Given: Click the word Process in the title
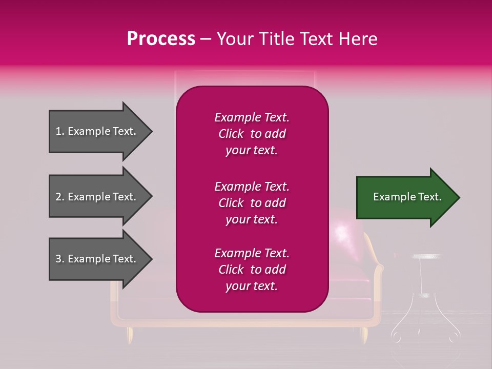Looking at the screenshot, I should click(161, 39).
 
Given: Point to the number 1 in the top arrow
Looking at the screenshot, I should click(58, 131).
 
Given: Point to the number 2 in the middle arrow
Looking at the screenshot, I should click(59, 197).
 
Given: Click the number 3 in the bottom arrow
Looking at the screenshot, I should click(59, 259).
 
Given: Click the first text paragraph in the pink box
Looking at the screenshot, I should click(252, 134).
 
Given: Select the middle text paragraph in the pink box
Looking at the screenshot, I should click(252, 203).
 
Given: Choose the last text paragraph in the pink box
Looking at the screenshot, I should click(252, 270).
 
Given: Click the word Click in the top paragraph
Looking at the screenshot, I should click(231, 134).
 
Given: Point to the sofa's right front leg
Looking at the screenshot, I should click(364, 335).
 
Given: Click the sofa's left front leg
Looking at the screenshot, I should click(130, 336).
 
